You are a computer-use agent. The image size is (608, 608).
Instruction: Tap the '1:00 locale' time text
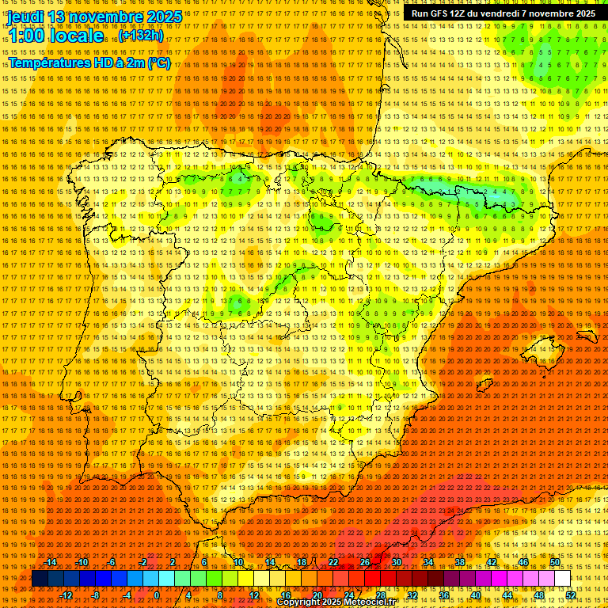click(55, 36)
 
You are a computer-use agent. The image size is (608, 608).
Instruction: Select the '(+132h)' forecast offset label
click(141, 36)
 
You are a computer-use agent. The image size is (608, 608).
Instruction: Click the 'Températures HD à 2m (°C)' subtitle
click(89, 63)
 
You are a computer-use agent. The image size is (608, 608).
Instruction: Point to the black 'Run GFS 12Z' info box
click(503, 13)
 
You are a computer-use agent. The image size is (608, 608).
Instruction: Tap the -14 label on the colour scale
click(52, 562)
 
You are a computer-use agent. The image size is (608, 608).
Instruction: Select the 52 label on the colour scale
click(571, 595)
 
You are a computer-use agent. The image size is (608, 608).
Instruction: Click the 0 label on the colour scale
click(157, 595)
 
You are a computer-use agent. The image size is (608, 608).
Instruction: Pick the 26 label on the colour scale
click(365, 562)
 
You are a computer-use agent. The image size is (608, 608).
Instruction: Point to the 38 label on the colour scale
click(460, 562)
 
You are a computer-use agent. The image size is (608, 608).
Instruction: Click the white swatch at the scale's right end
click(562, 579)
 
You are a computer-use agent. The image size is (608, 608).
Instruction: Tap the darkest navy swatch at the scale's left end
click(39, 579)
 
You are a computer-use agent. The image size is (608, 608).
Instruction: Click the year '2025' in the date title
click(163, 16)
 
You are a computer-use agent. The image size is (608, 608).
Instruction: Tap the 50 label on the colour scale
click(555, 562)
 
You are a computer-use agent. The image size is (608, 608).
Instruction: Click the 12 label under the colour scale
click(254, 595)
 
